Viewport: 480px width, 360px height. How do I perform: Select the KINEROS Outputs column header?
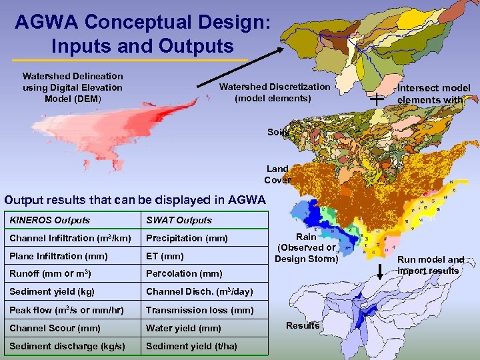(50, 220)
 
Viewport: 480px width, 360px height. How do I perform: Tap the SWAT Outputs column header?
(179, 220)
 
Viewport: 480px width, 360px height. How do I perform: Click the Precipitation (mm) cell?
(187, 238)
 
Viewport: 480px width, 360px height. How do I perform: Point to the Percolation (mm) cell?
(184, 273)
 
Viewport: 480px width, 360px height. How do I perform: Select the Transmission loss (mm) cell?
(200, 309)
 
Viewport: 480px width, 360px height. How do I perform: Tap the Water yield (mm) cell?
(183, 327)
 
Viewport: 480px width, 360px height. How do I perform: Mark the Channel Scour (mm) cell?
(55, 327)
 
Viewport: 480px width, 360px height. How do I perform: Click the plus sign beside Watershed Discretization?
(377, 99)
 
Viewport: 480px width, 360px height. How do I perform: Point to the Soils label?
(279, 132)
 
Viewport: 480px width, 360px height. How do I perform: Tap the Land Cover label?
(277, 174)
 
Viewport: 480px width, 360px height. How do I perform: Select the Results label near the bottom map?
(302, 325)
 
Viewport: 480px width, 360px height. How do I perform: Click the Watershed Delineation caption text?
(73, 87)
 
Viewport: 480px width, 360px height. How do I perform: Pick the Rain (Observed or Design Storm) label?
(306, 247)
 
